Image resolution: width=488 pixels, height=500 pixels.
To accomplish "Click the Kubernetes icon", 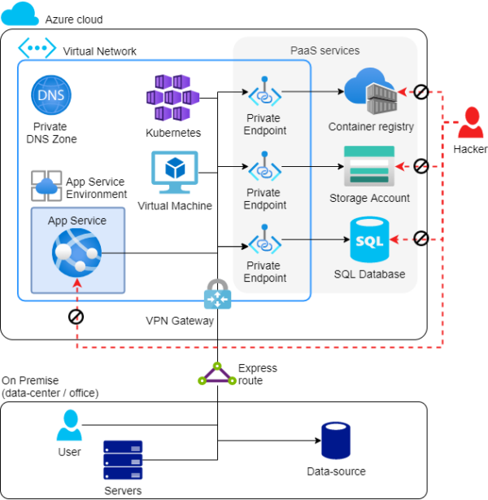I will pos(172,97).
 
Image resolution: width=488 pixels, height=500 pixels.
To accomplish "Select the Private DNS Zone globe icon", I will pos(50,97).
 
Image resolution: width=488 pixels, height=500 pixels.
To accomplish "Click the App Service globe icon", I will pos(76,253).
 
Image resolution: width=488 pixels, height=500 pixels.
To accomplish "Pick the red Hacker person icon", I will pos(470,123).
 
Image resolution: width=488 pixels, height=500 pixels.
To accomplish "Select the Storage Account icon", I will pos(368,167).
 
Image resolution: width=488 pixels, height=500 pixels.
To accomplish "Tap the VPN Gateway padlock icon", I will pos(217,294).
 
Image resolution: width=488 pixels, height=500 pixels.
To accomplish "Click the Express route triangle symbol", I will pos(217,375).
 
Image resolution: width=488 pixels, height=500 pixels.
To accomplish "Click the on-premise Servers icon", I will pos(123,461).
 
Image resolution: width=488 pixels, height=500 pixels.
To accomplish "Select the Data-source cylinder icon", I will pos(336,441).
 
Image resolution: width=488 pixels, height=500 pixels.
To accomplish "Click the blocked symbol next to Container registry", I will pos(420,92).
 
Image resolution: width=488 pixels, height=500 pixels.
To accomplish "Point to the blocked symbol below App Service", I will pos(76,317).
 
